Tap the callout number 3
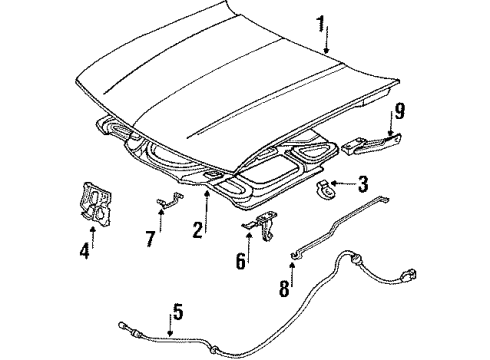tap(364, 184)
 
